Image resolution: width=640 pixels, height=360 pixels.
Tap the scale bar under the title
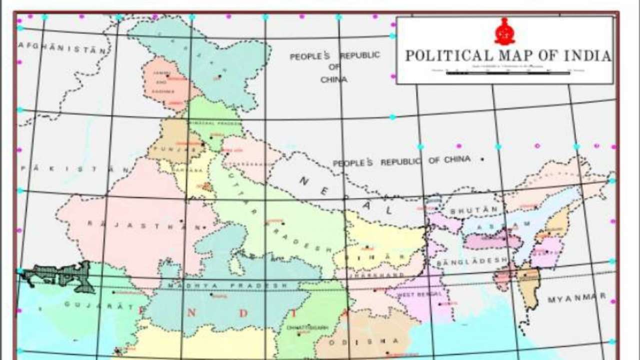point(507,73)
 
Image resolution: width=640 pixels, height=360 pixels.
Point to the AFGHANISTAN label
point(62,48)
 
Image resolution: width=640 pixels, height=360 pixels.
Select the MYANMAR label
point(576,298)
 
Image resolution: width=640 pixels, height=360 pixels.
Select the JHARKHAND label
point(370,275)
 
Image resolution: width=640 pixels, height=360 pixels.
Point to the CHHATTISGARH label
point(307,327)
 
